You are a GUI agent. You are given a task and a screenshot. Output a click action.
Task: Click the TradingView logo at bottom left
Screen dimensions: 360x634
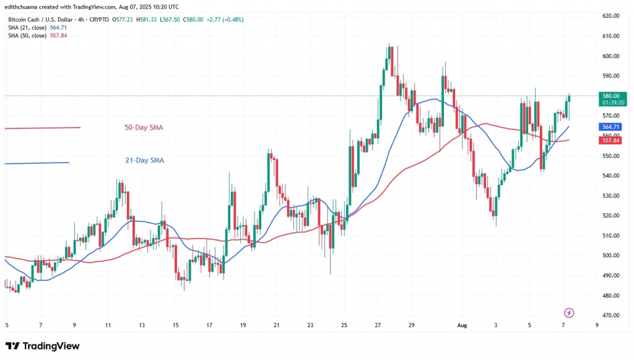42,346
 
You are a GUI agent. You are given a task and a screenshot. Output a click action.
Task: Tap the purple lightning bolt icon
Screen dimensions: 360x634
569,312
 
